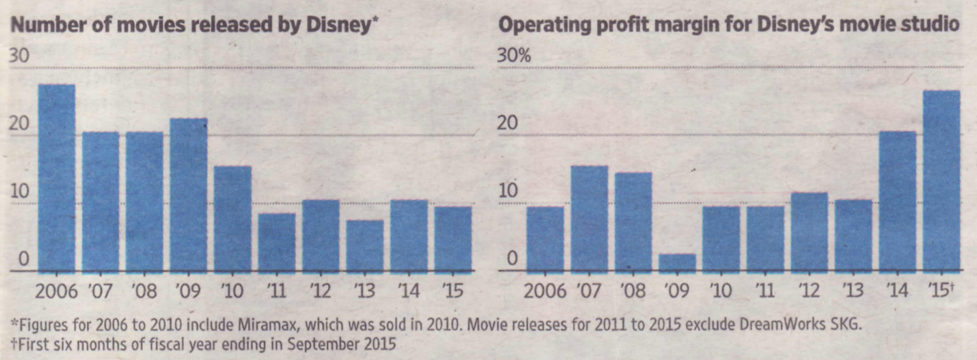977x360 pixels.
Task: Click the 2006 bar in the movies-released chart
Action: pyautogui.click(x=57, y=178)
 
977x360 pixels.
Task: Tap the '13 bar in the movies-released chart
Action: pyautogui.click(x=365, y=246)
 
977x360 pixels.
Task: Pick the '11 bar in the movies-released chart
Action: pyautogui.click(x=277, y=243)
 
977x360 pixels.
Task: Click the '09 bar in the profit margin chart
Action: pyautogui.click(x=677, y=263)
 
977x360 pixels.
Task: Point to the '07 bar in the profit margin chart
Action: pyautogui.click(x=590, y=219)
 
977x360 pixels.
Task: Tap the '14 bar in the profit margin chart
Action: pyautogui.click(x=898, y=201)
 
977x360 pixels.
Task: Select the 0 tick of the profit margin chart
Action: pyautogui.click(x=508, y=259)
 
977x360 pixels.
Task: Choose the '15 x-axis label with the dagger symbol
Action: pyautogui.click(x=943, y=292)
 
